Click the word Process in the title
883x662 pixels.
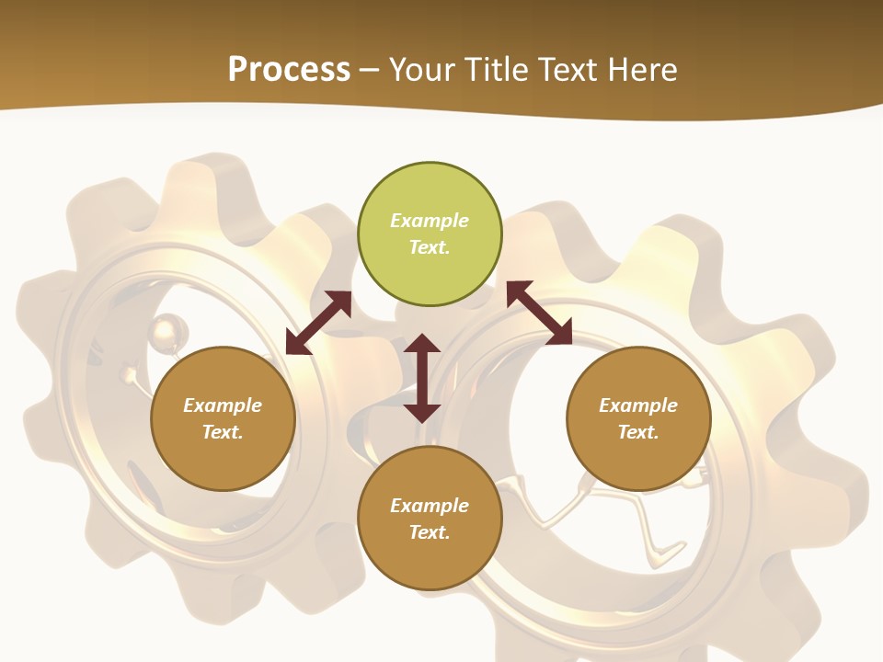(x=289, y=70)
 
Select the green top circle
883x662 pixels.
(x=430, y=234)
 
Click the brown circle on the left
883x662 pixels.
(x=223, y=418)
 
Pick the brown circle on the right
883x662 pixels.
(x=638, y=418)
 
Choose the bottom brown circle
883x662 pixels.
(x=430, y=519)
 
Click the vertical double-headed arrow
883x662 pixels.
(x=422, y=378)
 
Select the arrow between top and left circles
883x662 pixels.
(x=318, y=323)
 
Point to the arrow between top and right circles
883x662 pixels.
(x=539, y=313)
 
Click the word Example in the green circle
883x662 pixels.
(x=430, y=221)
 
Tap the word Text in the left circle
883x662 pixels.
(x=223, y=432)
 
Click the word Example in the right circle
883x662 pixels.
(x=638, y=405)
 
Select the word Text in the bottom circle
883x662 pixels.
(x=430, y=532)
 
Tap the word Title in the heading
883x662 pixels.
(x=497, y=70)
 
